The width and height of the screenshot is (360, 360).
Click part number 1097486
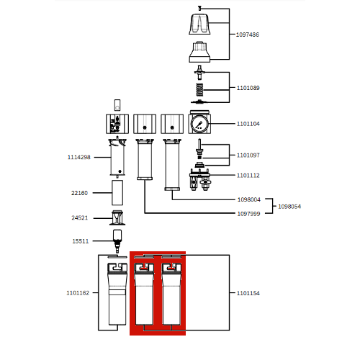point(248,35)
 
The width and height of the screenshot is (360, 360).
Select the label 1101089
point(248,88)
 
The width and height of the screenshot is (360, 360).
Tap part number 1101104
point(248,124)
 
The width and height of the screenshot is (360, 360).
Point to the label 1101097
point(248,156)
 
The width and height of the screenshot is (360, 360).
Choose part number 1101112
point(248,176)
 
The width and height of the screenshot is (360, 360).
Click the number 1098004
point(249,199)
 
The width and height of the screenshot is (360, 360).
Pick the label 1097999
point(248,214)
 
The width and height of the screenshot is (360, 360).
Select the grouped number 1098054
point(289,207)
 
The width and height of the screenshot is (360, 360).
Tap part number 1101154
point(248,293)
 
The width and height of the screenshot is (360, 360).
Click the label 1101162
point(78,293)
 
